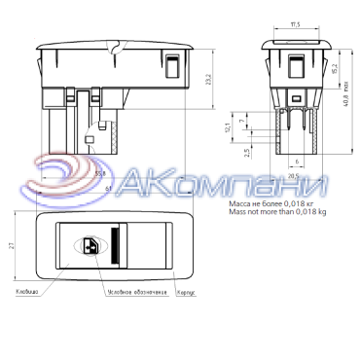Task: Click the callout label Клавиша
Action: (26, 291)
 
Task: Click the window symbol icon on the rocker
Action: (92, 247)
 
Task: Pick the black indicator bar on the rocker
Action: (114, 247)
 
